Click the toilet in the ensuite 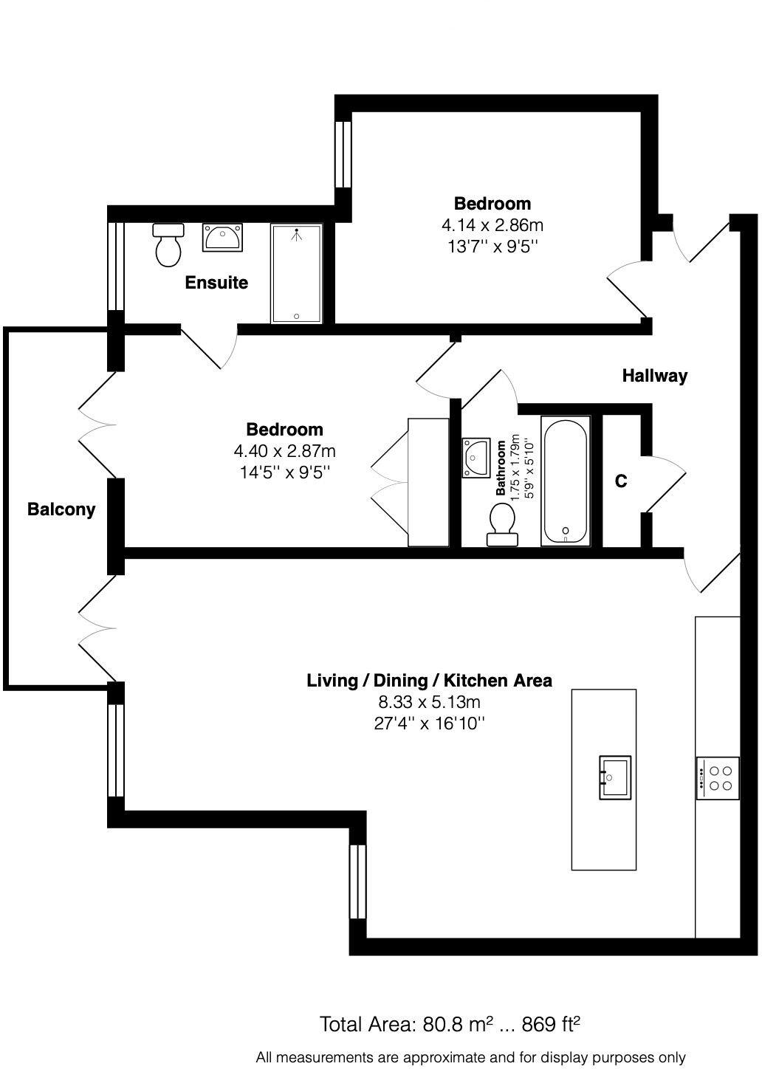point(168,245)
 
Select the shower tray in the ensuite point(296,274)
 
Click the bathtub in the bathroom point(566,481)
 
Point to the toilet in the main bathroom point(502,523)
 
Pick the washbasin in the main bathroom point(476,458)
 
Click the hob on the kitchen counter point(718,778)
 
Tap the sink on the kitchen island point(614,777)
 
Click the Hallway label point(654,376)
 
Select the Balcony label point(61,509)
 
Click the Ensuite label point(216,283)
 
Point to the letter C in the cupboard point(621,481)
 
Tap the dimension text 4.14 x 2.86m point(492,225)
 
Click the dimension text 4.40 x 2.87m point(284,450)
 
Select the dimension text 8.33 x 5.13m point(429,702)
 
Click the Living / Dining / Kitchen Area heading point(429,680)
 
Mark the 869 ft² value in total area point(551,1024)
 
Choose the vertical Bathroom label point(501,467)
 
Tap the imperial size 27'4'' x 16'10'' point(429,723)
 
